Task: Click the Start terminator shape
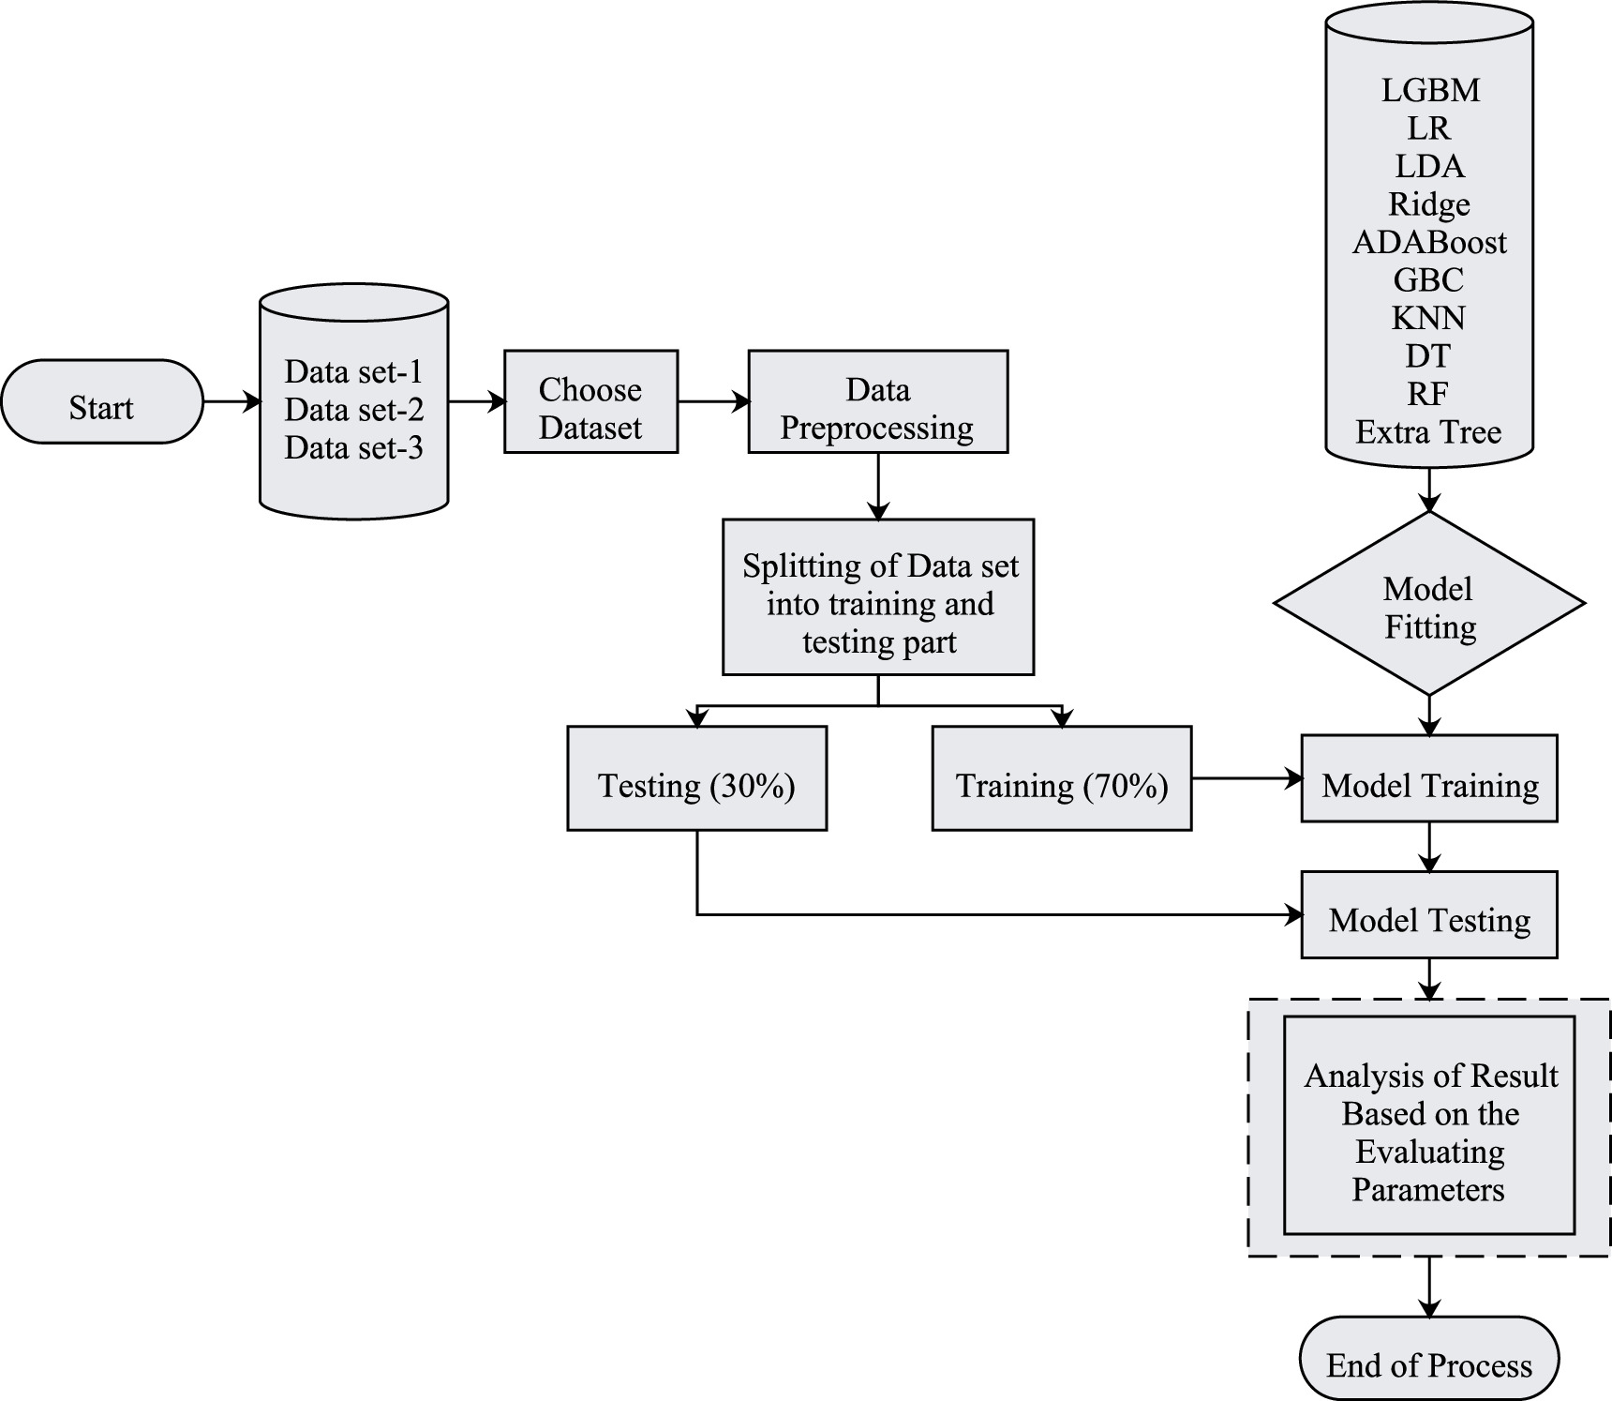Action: tap(101, 402)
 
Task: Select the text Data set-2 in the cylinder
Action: tap(353, 410)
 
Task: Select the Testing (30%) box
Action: tap(696, 779)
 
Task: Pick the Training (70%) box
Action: tap(1061, 779)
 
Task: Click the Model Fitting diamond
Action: tap(1428, 604)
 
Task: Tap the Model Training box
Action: tap(1428, 779)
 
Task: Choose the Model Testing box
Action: tap(1428, 915)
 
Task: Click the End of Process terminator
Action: tap(1428, 1359)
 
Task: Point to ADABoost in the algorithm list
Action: tap(1428, 243)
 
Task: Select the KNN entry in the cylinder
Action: tap(1428, 319)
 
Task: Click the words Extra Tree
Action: tap(1428, 432)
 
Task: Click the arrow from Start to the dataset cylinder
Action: tap(231, 402)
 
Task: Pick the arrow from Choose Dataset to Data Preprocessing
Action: tap(712, 402)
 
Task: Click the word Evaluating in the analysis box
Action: tap(1429, 1152)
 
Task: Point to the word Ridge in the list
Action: tap(1428, 204)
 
